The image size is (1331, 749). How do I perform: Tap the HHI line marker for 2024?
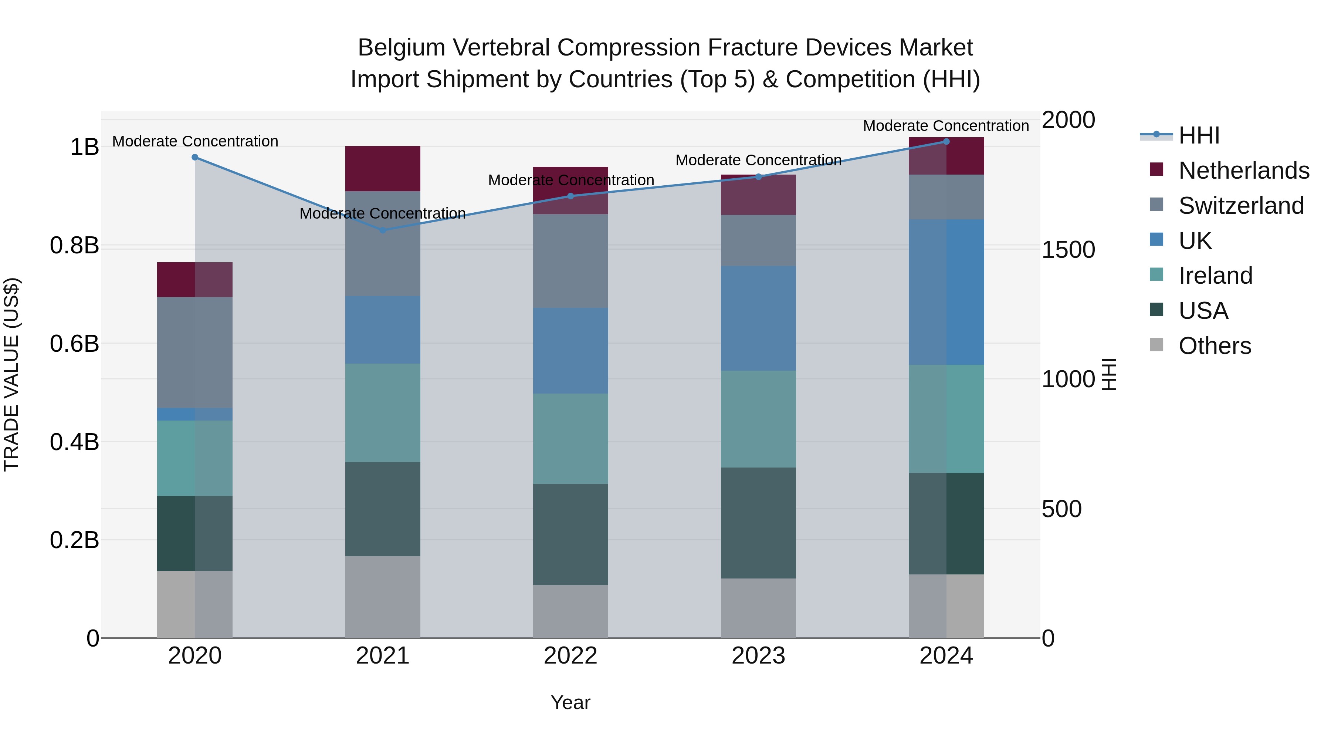click(946, 141)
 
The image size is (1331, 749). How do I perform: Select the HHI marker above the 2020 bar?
click(195, 157)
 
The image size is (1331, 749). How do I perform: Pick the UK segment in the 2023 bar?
click(758, 318)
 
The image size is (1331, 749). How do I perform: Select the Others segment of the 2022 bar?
click(570, 611)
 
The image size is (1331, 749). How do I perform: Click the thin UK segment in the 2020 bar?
click(195, 414)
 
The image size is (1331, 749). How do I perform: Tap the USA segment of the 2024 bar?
click(946, 523)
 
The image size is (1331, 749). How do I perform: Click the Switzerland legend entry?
click(1240, 206)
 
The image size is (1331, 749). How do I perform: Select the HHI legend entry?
click(1198, 135)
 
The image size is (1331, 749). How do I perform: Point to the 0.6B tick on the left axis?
click(74, 344)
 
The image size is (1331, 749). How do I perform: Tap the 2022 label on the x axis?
click(570, 656)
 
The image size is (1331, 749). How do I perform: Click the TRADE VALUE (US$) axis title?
click(11, 374)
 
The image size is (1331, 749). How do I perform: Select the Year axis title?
click(570, 702)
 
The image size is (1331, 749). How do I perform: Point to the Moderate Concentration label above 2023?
click(758, 160)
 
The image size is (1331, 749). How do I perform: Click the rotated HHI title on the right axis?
click(1109, 374)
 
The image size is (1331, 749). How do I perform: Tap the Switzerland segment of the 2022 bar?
click(570, 261)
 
